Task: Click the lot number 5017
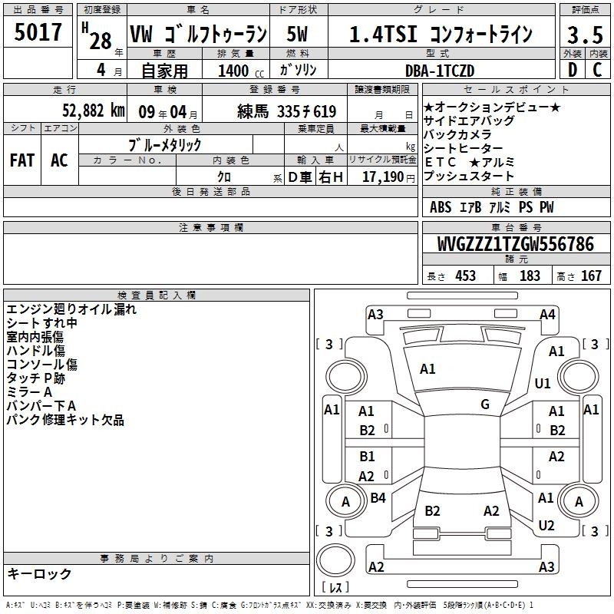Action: pyautogui.click(x=38, y=32)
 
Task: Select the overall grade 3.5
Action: pyautogui.click(x=585, y=35)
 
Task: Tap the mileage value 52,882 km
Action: pyautogui.click(x=93, y=111)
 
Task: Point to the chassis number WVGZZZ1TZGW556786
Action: pyautogui.click(x=515, y=244)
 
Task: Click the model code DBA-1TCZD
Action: pyautogui.click(x=439, y=71)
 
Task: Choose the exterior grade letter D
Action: pyautogui.click(x=573, y=70)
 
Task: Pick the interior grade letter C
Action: pyautogui.click(x=597, y=70)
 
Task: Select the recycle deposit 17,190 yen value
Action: pyautogui.click(x=388, y=177)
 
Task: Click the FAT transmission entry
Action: pyautogui.click(x=22, y=160)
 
